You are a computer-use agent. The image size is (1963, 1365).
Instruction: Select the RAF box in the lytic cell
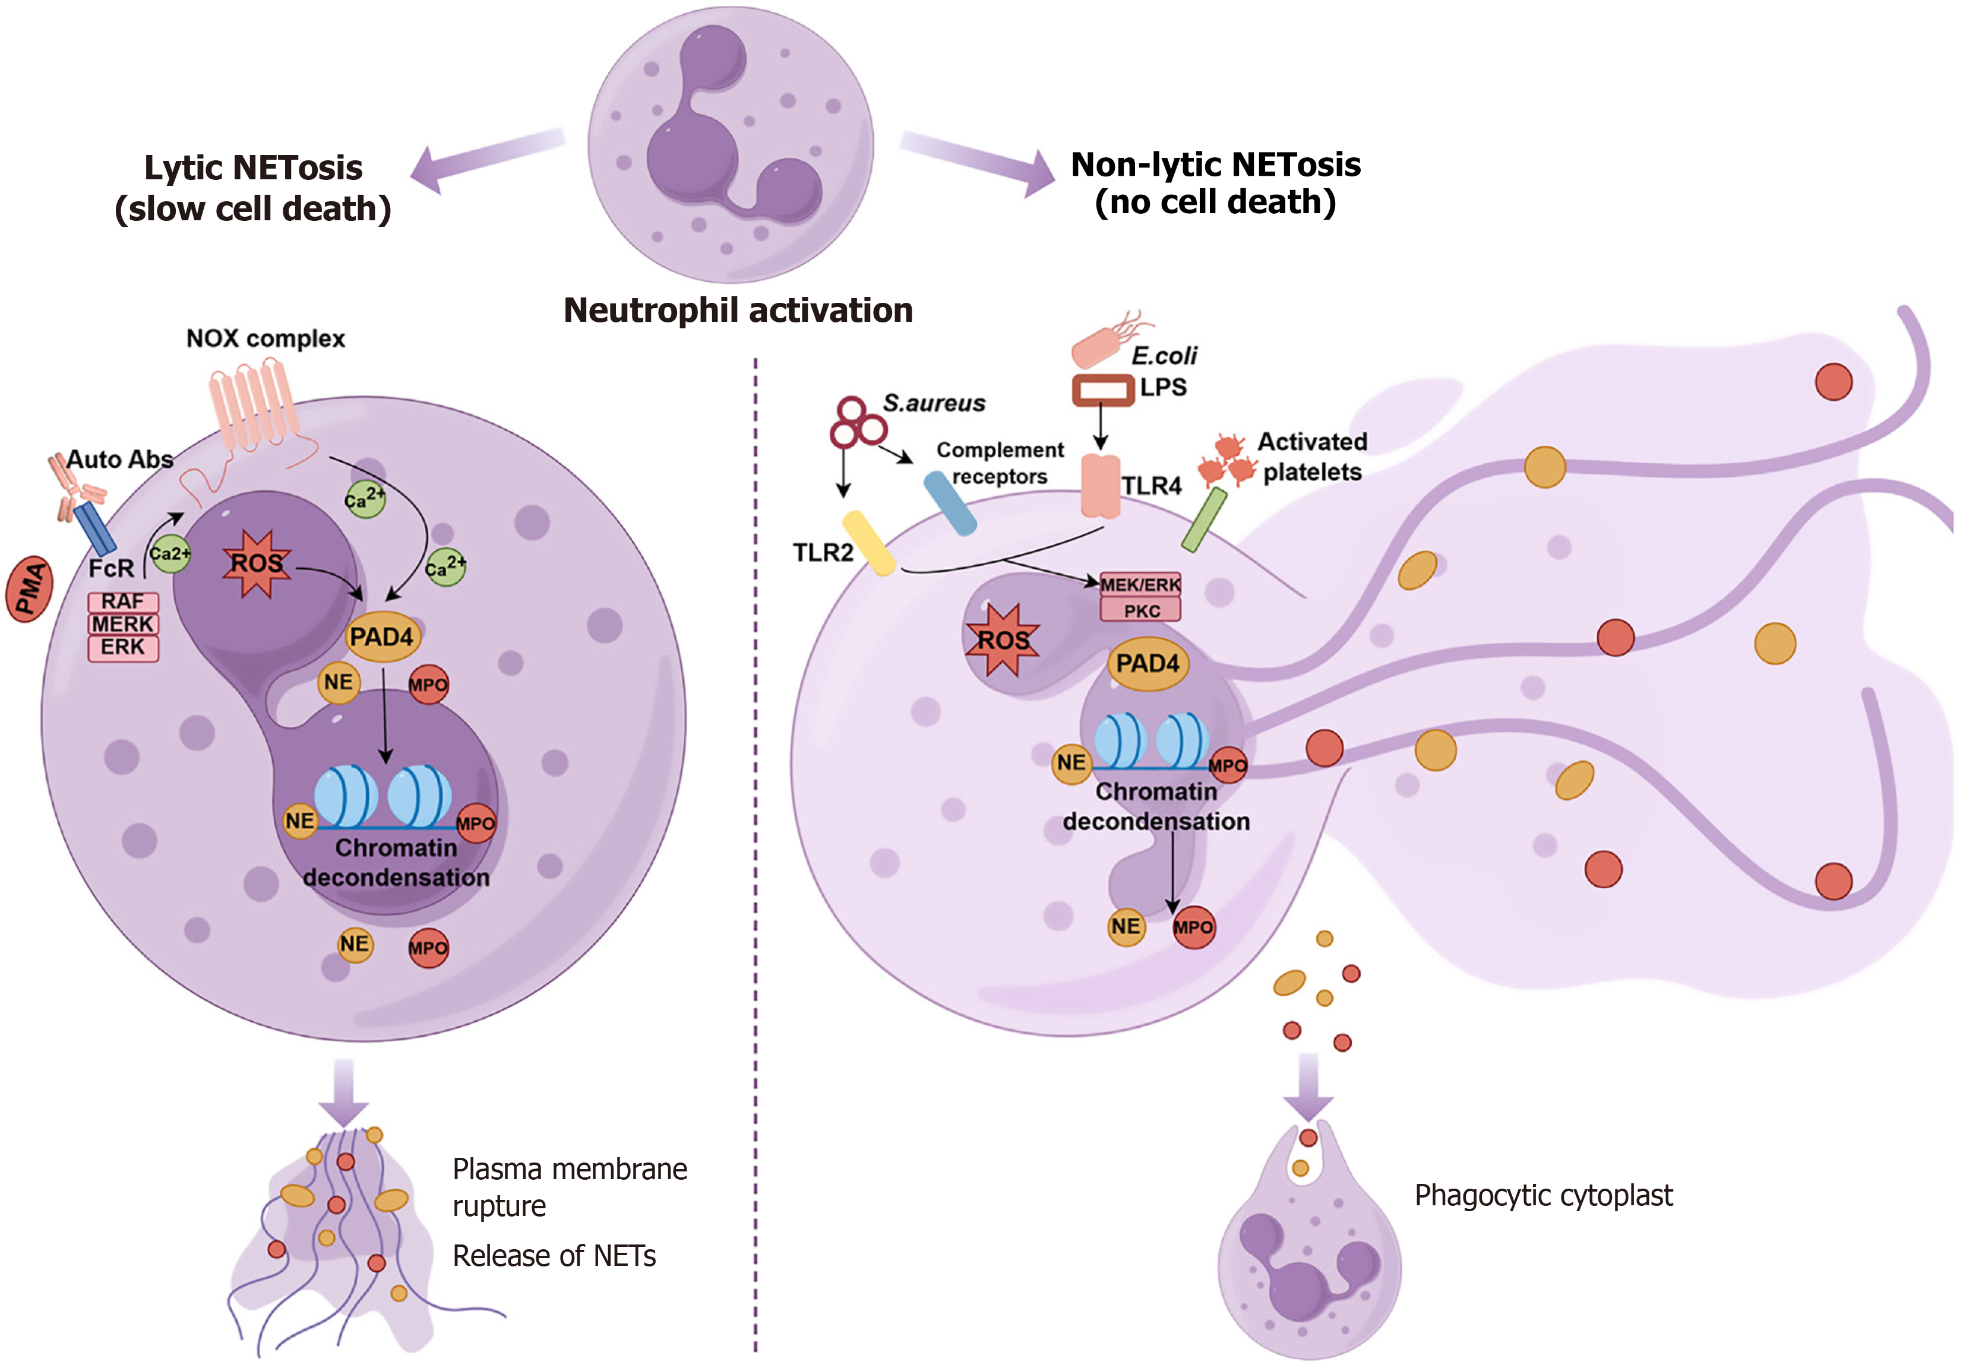123,601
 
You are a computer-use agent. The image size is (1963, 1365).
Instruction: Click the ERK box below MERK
123,647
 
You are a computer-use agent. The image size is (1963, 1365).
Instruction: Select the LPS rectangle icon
1103,389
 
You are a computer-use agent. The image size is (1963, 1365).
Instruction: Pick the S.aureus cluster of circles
856,422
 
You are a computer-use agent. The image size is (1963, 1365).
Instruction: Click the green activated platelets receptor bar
1204,520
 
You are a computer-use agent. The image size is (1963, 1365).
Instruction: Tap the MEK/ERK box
1140,585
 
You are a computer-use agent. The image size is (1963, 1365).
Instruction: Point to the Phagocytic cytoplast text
1543,1195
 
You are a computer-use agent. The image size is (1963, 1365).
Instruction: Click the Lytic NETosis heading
253,187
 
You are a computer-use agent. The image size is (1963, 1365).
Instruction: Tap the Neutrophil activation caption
738,311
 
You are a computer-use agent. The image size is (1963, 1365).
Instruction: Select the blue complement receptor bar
950,504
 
